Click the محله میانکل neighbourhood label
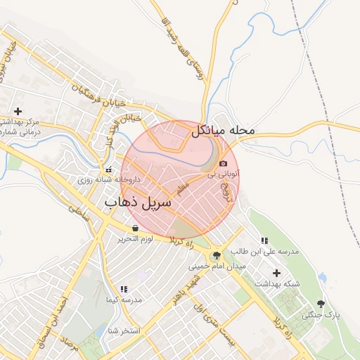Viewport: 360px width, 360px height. (x=222, y=131)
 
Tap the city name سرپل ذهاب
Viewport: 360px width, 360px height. (x=138, y=203)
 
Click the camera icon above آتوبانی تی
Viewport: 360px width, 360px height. (x=224, y=163)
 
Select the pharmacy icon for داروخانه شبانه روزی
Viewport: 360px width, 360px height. (x=109, y=169)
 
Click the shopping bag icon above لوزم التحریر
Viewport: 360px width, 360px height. (x=135, y=229)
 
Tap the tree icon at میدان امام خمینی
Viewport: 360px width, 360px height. (x=216, y=255)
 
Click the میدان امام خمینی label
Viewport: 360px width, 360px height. (x=216, y=266)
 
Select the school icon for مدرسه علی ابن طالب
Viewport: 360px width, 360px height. (x=264, y=240)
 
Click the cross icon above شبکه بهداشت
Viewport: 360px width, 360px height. (x=276, y=273)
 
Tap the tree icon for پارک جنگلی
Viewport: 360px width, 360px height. (x=321, y=304)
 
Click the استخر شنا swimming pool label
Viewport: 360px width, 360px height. (x=122, y=330)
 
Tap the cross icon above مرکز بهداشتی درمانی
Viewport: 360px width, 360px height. (x=18, y=111)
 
